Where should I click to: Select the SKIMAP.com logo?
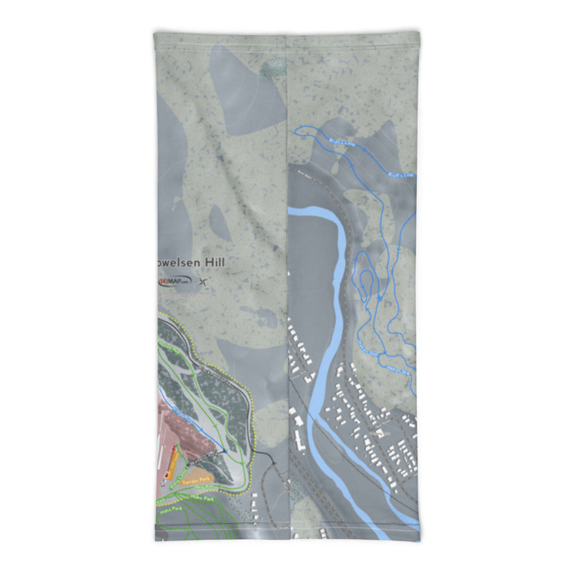(x=174, y=281)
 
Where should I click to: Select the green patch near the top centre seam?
(x=272, y=69)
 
